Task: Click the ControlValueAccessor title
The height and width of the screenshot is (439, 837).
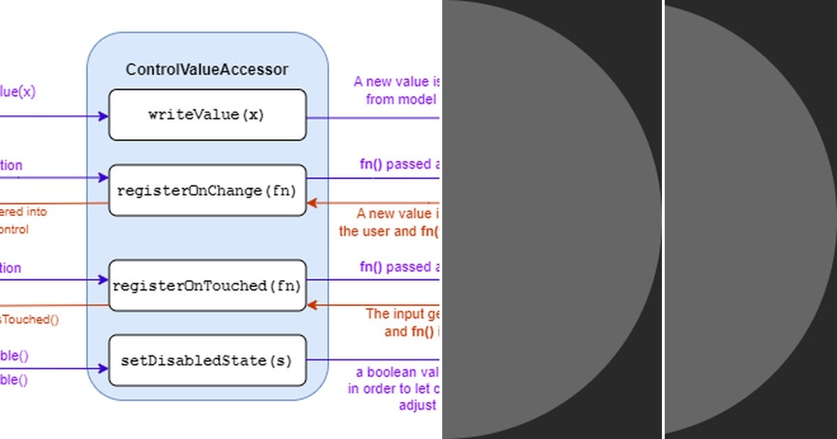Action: [x=206, y=70]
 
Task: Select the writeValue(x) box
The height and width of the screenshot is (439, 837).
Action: [x=207, y=115]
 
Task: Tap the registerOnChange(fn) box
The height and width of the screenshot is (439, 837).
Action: [x=207, y=190]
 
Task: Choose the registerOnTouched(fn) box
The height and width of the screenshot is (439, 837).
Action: [x=207, y=286]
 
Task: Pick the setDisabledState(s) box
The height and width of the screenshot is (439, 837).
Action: [x=207, y=361]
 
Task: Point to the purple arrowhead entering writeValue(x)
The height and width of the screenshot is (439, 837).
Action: [x=104, y=116]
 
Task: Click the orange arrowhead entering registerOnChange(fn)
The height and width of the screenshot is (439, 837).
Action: [x=312, y=203]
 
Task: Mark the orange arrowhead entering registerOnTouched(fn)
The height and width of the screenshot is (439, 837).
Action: [x=312, y=305]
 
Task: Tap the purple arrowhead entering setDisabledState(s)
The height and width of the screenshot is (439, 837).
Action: [x=104, y=369]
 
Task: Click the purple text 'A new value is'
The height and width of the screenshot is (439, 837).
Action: [x=396, y=82]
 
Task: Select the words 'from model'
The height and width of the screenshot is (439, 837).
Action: [x=401, y=99]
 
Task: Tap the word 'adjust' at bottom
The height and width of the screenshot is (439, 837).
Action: [x=417, y=405]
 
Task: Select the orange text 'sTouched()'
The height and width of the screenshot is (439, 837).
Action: [x=29, y=320]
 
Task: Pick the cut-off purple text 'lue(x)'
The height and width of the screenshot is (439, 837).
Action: [x=17, y=91]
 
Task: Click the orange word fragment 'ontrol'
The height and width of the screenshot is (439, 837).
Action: [x=15, y=229]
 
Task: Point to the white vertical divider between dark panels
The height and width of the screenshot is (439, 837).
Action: [x=663, y=219]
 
